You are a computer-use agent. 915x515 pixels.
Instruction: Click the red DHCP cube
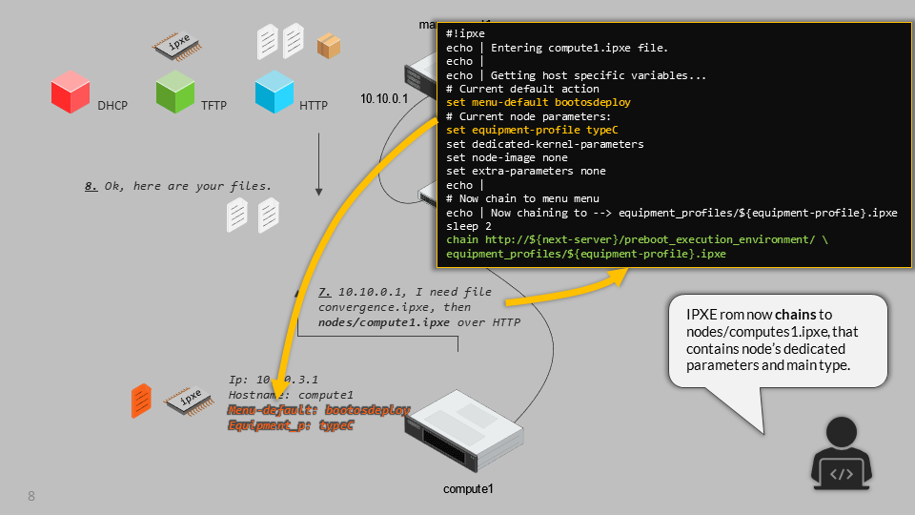[x=70, y=94]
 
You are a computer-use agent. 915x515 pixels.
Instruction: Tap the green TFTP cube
[x=174, y=93]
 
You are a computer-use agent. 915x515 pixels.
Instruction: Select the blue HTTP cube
[x=274, y=93]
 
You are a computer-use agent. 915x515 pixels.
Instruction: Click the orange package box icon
[x=329, y=45]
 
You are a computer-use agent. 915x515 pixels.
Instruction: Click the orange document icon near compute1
[x=141, y=401]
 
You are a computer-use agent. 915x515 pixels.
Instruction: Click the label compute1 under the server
[x=468, y=489]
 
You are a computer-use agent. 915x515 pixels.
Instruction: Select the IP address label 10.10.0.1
[x=384, y=98]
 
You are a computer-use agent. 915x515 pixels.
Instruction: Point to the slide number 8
[x=31, y=496]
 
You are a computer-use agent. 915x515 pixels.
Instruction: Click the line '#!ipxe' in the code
[x=465, y=34]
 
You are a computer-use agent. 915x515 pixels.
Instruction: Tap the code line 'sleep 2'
[x=469, y=227]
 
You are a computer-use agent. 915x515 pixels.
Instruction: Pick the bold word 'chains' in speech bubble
[x=794, y=315]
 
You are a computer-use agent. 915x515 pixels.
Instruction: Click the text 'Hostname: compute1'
[x=291, y=395]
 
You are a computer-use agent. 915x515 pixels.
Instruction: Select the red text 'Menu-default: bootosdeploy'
[x=318, y=410]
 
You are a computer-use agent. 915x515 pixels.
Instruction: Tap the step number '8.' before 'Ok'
[x=91, y=186]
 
